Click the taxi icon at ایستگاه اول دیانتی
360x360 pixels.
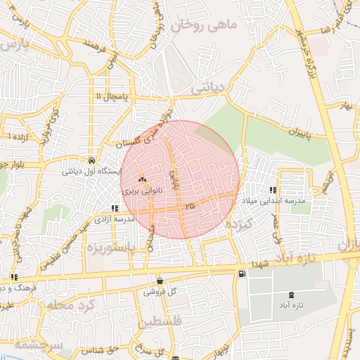pos(92,160)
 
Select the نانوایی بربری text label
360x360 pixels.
pos(141,191)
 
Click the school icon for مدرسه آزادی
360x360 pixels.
pos(115,208)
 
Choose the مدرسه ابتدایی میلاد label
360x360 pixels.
pos(274,201)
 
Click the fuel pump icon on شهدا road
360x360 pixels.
pos(242,274)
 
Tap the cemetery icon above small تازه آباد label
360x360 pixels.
pos(292,295)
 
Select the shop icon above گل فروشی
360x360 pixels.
pos(160,281)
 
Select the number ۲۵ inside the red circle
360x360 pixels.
pos(189,206)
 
